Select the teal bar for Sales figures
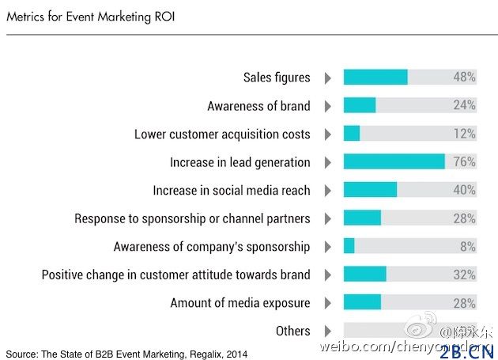pos(375,78)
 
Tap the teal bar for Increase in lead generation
pos(394,162)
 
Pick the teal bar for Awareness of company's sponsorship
pos(349,247)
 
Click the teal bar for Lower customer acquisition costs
pos(352,134)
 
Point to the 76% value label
pos(464,162)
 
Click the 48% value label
pos(464,78)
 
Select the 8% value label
pos(467,247)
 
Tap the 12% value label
pos(464,134)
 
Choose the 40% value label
pos(464,191)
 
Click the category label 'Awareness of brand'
pos(258,106)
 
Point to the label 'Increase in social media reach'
pos(231,191)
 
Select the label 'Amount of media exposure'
pos(240,303)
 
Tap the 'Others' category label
pos(292,331)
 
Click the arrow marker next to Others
pos(327,331)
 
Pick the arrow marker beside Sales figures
pos(327,78)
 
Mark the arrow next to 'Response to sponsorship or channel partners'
pos(327,218)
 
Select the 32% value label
pos(464,275)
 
